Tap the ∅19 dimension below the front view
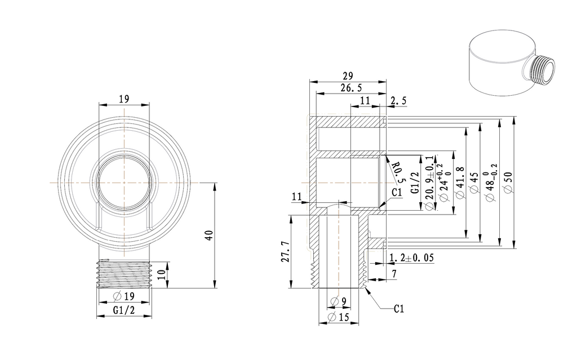[123, 296]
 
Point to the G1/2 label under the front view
[123, 310]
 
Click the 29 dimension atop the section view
[347, 75]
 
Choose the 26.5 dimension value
[351, 88]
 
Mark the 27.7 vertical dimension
[285, 251]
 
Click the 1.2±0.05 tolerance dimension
[411, 258]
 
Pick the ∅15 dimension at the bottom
[339, 318]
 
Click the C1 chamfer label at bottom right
[399, 308]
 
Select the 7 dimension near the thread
[393, 274]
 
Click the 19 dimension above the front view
[124, 99]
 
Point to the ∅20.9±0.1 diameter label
[430, 183]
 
